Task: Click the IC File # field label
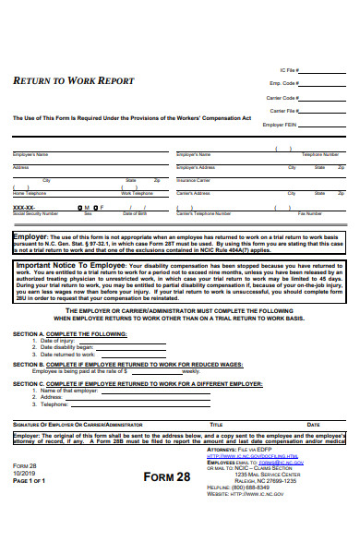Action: (x=289, y=69)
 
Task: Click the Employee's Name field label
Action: (x=30, y=154)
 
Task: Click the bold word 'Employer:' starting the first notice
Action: (x=30, y=236)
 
